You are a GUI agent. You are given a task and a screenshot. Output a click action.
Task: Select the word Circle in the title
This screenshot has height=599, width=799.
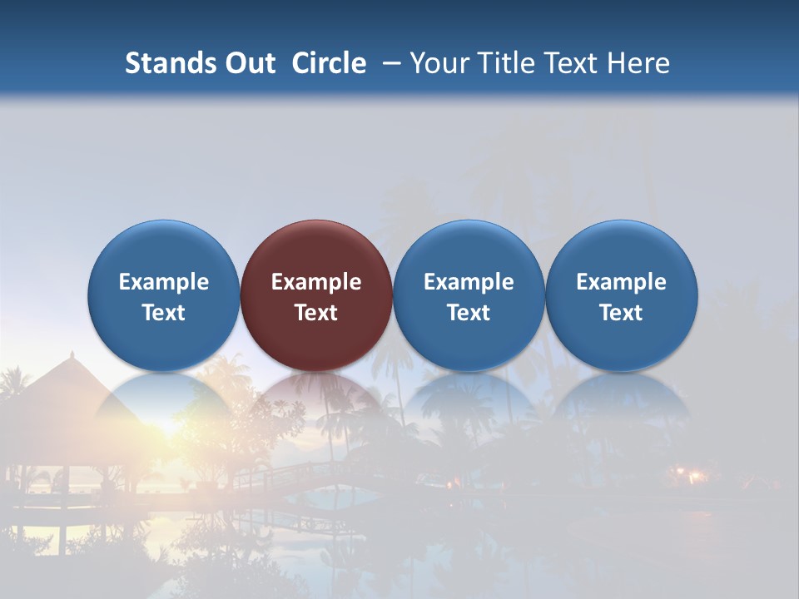(329, 63)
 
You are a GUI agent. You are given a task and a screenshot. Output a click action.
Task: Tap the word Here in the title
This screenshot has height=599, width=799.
(638, 63)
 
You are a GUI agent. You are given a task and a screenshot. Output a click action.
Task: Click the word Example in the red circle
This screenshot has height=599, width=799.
(316, 282)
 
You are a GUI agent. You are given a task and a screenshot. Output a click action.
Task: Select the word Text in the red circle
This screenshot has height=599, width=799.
(316, 313)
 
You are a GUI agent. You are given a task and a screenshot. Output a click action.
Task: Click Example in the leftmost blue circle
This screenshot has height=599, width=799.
(164, 282)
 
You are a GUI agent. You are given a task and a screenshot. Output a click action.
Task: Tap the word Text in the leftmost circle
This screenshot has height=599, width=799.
(164, 313)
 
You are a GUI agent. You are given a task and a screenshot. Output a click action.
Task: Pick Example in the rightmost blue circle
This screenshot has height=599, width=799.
(621, 282)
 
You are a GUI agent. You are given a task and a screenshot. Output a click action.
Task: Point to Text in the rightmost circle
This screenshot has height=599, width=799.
(621, 313)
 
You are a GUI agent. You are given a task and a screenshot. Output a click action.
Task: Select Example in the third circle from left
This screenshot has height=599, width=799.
(469, 282)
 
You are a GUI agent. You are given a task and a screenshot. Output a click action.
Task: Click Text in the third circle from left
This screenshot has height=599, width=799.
(469, 313)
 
